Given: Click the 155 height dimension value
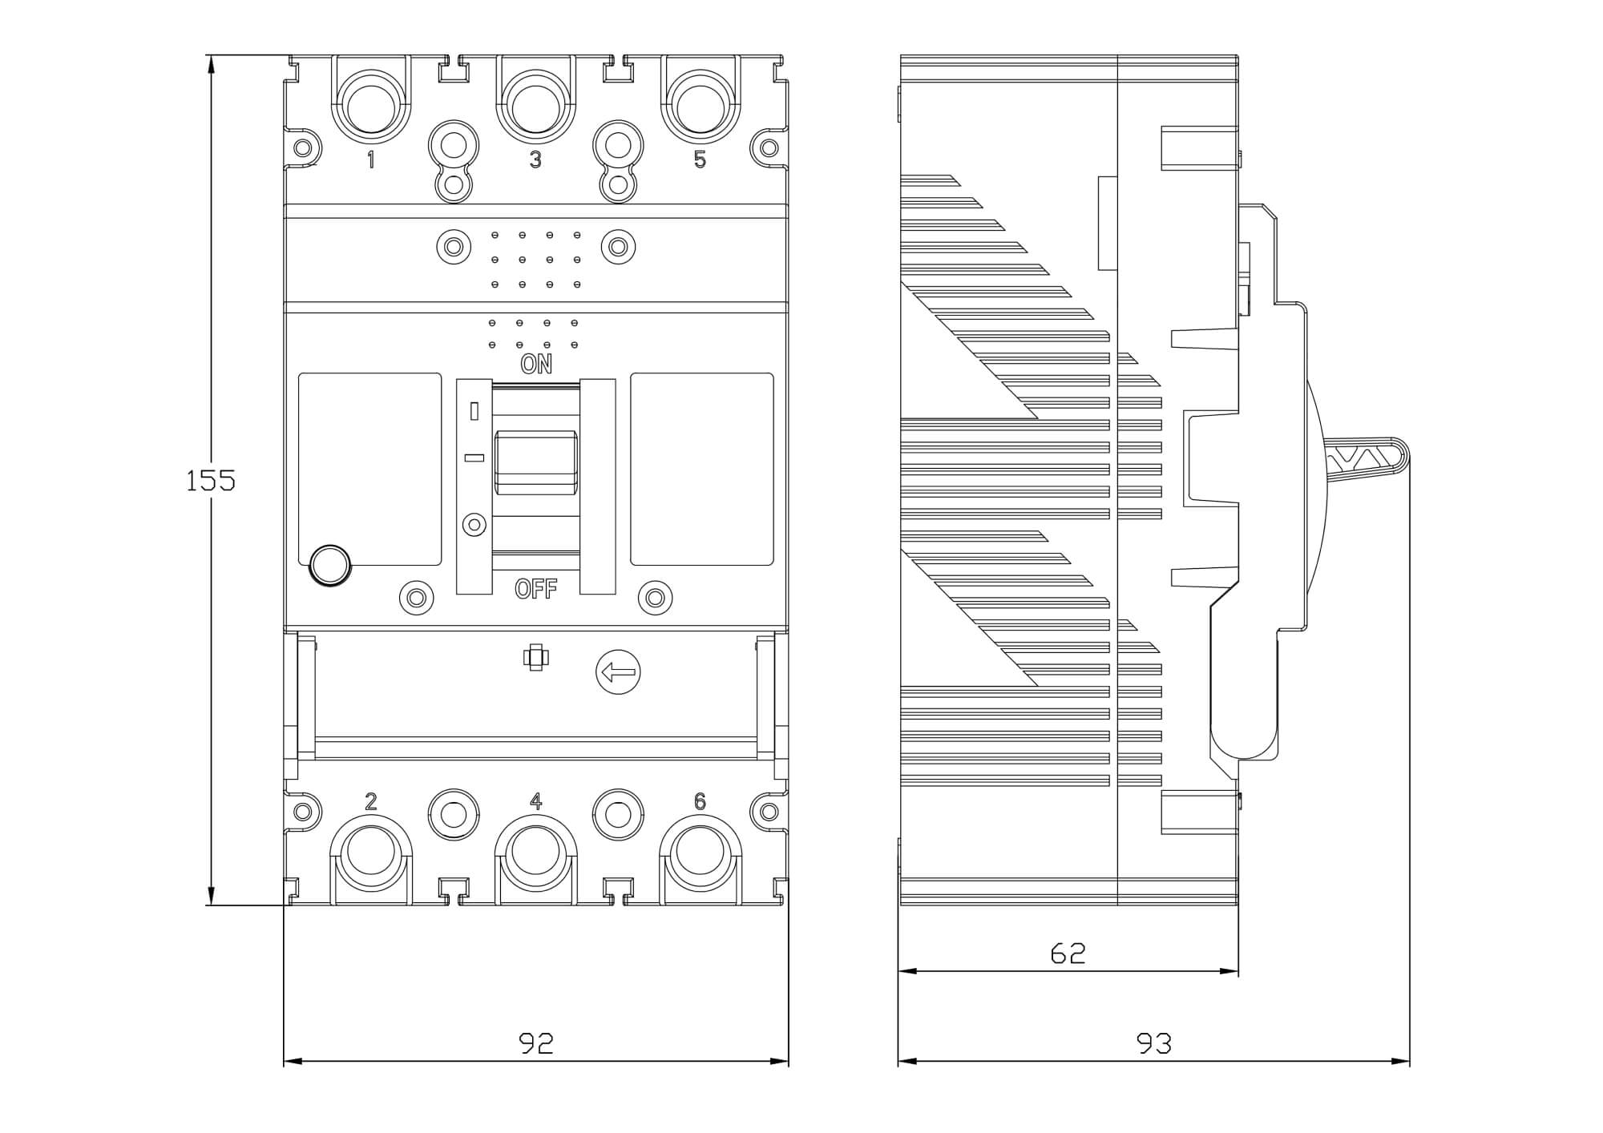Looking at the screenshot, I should tap(210, 481).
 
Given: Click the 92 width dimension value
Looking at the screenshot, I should tap(536, 1042).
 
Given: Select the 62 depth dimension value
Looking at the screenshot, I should tap(1068, 953).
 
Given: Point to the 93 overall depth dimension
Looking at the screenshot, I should tap(1154, 1042).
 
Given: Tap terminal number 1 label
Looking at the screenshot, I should tap(370, 159).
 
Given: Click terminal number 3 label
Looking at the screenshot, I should tap(535, 159).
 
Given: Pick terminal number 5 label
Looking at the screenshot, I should tap(700, 159).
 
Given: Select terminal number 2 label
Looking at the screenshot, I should tap(370, 801).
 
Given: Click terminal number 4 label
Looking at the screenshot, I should tap(535, 801).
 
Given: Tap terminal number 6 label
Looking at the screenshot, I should tap(700, 801).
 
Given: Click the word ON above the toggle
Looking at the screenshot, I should tap(536, 364).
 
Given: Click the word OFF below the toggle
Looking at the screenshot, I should tap(535, 590).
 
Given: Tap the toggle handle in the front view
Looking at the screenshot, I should tap(535, 462).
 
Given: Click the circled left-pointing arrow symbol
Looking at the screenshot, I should tap(618, 671).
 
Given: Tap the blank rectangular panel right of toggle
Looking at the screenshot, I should tap(702, 469).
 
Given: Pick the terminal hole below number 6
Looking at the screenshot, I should tap(700, 854).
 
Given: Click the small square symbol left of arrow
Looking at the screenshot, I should tap(535, 658).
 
